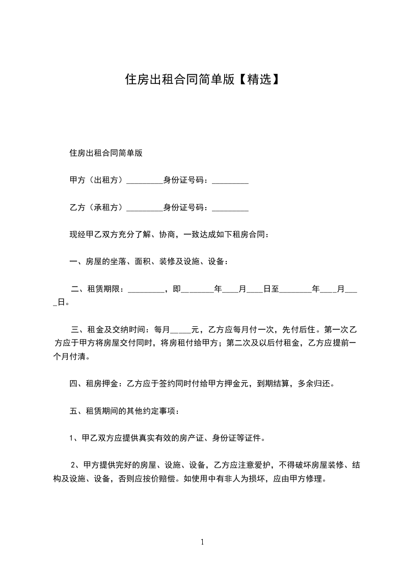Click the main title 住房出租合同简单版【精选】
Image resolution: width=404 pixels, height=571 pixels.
click(202, 79)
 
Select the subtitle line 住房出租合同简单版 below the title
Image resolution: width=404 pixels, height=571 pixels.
click(105, 152)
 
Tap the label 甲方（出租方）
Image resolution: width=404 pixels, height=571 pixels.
click(97, 180)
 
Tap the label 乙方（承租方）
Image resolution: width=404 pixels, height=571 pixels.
click(97, 207)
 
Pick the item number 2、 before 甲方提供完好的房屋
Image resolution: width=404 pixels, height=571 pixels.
click(75, 465)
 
